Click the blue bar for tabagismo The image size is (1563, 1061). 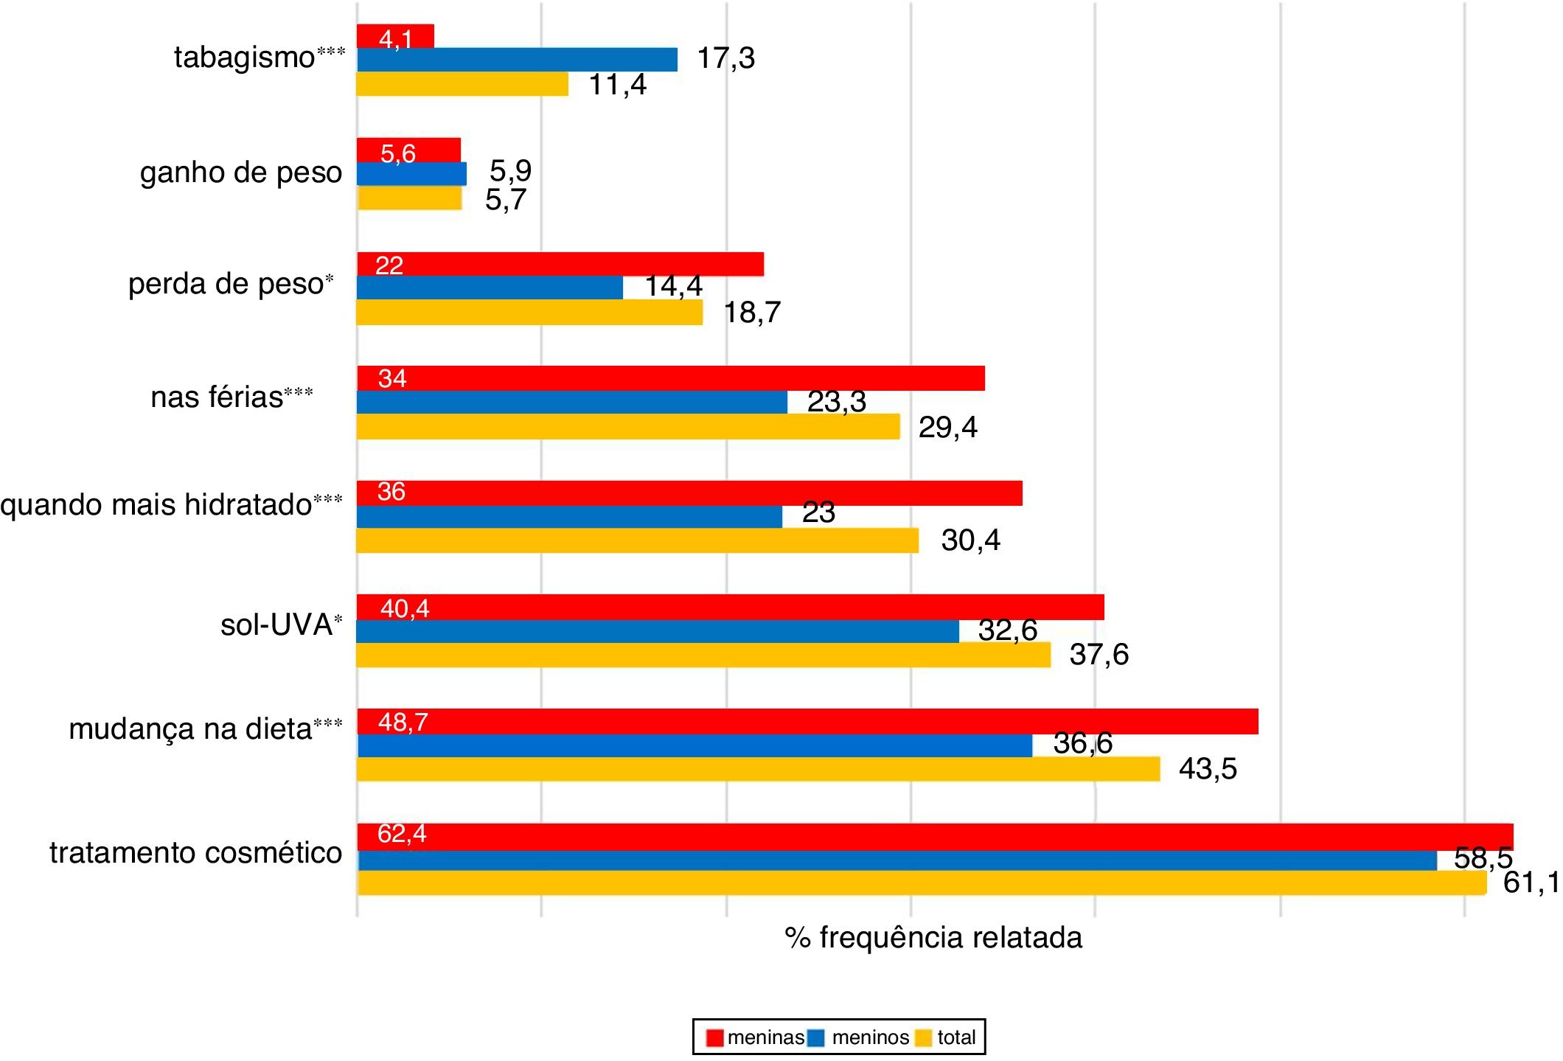click(516, 60)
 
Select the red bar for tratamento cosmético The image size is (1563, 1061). click(935, 836)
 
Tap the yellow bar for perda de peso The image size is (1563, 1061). click(529, 312)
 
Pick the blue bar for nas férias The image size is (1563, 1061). click(571, 402)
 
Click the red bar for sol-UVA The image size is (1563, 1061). click(730, 607)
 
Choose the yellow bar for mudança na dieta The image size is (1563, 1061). click(758, 769)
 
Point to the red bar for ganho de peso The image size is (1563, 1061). click(408, 150)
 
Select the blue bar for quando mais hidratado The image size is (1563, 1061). click(569, 516)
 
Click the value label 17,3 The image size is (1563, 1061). click(725, 58)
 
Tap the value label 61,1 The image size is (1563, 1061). click(1531, 882)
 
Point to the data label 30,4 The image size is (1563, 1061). click(970, 540)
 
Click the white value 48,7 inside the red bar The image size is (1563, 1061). click(403, 722)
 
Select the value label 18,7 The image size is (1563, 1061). click(751, 313)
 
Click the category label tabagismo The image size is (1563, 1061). click(245, 58)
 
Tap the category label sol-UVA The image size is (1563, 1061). click(276, 625)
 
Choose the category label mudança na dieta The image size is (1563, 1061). click(190, 728)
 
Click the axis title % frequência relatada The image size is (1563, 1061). click(933, 938)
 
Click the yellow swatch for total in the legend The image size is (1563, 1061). click(924, 1037)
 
